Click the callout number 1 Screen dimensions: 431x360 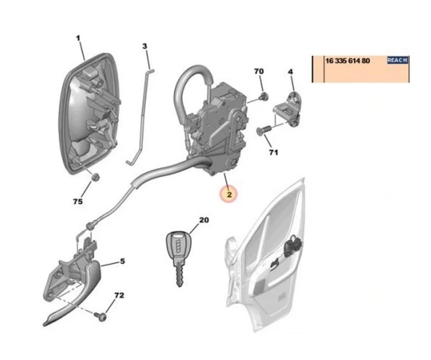pyautogui.click(x=78, y=38)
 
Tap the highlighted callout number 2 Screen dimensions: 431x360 pyautogui.click(x=229, y=195)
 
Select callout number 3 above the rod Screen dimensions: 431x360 pyautogui.click(x=145, y=46)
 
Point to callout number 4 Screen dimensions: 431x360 pyautogui.click(x=290, y=72)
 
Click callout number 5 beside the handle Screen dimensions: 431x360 pyautogui.click(x=122, y=261)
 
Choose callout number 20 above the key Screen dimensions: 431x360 pyautogui.click(x=204, y=220)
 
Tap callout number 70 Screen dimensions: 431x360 pyautogui.click(x=259, y=71)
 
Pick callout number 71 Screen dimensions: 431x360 pyautogui.click(x=273, y=152)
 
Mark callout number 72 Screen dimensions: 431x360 pyautogui.click(x=120, y=296)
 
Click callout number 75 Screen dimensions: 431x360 pyautogui.click(x=78, y=202)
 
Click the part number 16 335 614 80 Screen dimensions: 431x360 pyautogui.click(x=348, y=61)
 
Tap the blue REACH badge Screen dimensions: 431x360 pyautogui.click(x=398, y=60)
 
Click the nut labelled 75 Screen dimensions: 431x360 pyautogui.click(x=95, y=177)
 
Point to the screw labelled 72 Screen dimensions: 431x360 pyautogui.click(x=101, y=316)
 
